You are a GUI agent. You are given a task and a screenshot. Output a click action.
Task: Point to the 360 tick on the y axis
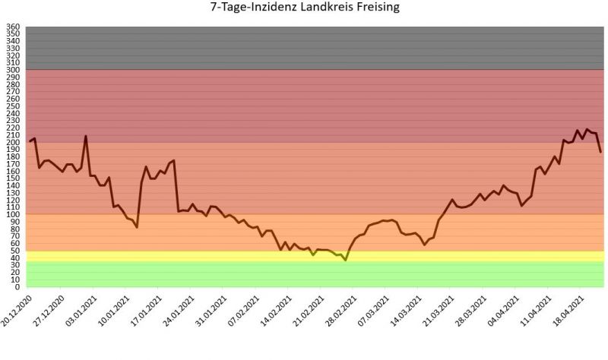pyautogui.click(x=13, y=27)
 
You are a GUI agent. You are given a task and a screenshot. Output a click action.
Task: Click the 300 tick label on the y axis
pyautogui.click(x=13, y=71)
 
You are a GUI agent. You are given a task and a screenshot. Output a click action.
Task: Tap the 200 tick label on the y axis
pyautogui.click(x=13, y=143)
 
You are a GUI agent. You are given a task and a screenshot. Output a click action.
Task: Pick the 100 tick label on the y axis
pyautogui.click(x=13, y=215)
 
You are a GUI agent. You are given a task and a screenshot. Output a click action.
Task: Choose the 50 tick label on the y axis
pyautogui.click(x=15, y=251)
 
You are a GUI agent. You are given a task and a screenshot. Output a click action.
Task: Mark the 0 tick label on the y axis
pyautogui.click(x=17, y=287)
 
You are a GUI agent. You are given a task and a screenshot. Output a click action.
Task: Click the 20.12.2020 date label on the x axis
pyautogui.click(x=18, y=311)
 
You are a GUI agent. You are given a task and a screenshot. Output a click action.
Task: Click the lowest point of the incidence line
pyautogui.click(x=346, y=261)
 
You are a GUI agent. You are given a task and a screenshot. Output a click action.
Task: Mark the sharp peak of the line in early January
pyautogui.click(x=85, y=137)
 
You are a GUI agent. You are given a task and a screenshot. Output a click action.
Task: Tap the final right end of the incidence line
pyautogui.click(x=600, y=152)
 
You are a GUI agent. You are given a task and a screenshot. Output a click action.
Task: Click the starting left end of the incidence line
pyautogui.click(x=30, y=141)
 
